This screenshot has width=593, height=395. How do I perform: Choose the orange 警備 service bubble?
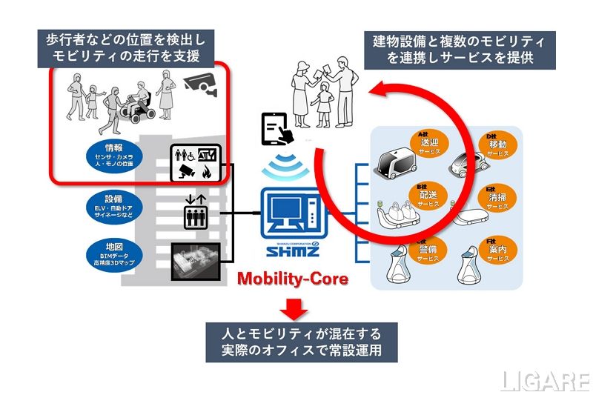428,249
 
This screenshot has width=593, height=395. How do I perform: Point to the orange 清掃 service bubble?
498,196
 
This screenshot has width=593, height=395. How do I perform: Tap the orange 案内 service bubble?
498,249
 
